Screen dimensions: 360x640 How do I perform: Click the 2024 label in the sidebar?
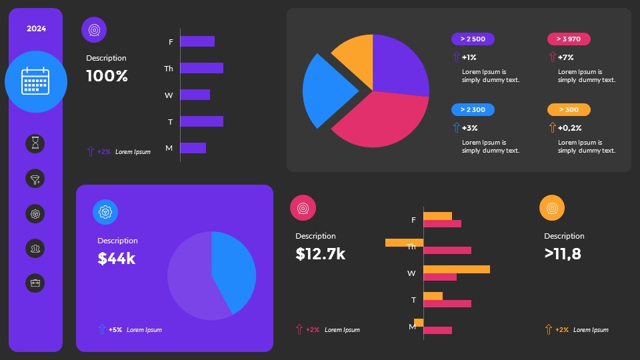(36, 29)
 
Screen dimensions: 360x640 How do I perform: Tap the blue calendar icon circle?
(36, 81)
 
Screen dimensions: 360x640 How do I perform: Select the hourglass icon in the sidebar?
(35, 143)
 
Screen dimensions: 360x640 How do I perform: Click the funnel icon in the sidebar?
(35, 179)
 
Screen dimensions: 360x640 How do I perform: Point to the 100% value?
(107, 76)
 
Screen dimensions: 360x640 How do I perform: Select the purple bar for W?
(195, 95)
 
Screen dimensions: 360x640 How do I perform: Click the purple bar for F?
(197, 41)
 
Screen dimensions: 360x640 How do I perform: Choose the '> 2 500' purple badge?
(473, 39)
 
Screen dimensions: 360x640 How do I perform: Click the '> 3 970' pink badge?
(569, 39)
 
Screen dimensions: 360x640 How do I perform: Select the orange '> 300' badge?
(569, 110)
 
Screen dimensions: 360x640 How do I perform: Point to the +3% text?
(469, 128)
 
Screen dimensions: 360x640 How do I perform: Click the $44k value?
(117, 259)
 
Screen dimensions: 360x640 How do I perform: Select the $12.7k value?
(321, 254)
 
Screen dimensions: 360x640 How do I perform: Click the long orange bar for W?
(456, 269)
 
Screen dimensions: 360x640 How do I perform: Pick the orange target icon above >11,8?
(552, 208)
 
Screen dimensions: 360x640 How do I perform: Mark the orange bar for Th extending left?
(404, 243)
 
